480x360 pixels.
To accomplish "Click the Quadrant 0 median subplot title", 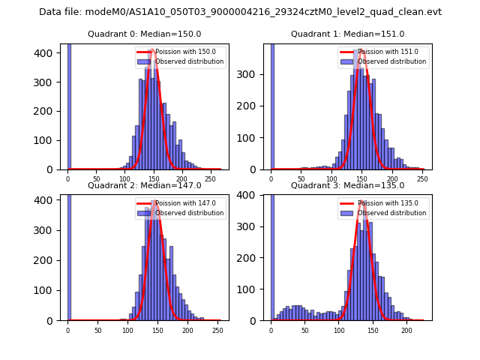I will [144, 34].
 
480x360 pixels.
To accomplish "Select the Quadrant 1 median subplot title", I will [347, 34].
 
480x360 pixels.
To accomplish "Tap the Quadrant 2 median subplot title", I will [144, 185].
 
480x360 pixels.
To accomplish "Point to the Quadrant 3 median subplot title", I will [347, 185].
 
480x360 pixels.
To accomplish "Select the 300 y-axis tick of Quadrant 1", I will [253, 73].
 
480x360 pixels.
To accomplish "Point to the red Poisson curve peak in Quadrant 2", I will [154, 201].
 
